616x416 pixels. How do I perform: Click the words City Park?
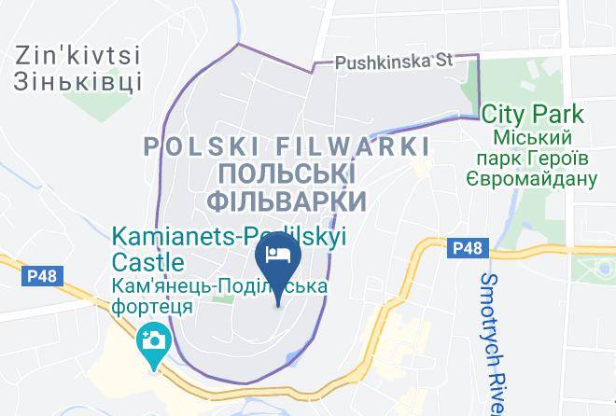click(x=533, y=115)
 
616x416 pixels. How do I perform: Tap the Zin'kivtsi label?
click(x=77, y=55)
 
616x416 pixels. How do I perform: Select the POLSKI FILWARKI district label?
click(x=287, y=146)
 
